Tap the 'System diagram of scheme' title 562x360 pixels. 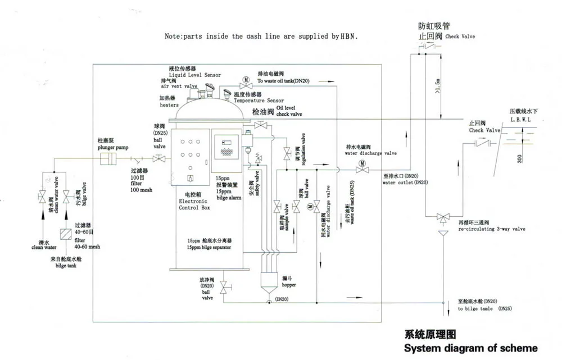tap(471, 348)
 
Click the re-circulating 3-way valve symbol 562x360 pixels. tap(442, 217)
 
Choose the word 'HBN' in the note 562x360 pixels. tap(348, 36)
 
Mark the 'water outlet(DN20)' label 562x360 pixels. tap(405, 183)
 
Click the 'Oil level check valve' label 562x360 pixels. tap(289, 111)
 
